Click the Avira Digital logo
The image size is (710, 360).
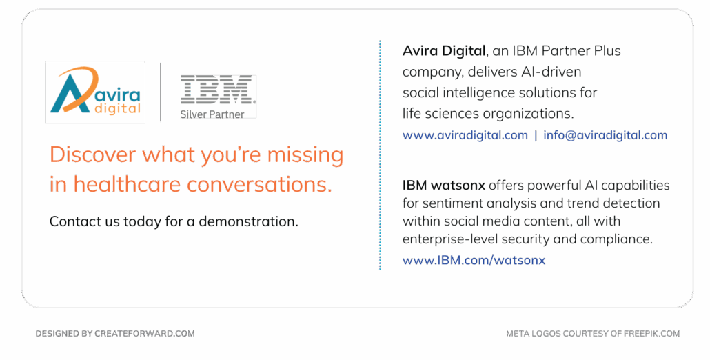click(95, 92)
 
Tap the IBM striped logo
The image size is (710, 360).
click(217, 90)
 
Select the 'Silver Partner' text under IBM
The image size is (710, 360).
click(212, 114)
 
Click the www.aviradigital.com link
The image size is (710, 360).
click(465, 135)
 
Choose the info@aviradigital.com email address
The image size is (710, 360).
click(605, 135)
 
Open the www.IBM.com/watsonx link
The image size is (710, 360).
click(474, 261)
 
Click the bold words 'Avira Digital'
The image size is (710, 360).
click(444, 51)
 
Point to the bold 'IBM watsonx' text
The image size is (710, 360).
click(444, 186)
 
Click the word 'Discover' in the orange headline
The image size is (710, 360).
click(93, 155)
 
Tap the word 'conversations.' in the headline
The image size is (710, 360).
click(259, 184)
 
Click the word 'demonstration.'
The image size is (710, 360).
click(249, 221)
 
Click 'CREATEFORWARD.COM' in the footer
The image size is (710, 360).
click(145, 334)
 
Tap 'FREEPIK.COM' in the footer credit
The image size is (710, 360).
click(651, 334)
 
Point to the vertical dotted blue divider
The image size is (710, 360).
click(380, 155)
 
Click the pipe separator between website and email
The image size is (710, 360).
click(536, 135)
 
